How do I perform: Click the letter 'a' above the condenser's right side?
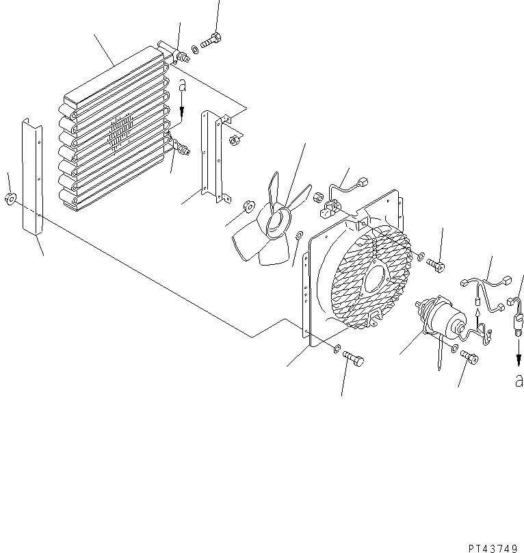pyautogui.click(x=182, y=86)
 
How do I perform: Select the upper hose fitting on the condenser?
pyautogui.click(x=181, y=55)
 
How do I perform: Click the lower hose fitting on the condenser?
pyautogui.click(x=183, y=146)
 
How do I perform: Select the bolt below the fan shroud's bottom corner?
pyautogui.click(x=352, y=359)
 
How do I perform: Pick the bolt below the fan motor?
pyautogui.click(x=469, y=356)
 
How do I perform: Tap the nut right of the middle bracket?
pyautogui.click(x=235, y=141)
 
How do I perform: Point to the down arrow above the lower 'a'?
pyautogui.click(x=518, y=350)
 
